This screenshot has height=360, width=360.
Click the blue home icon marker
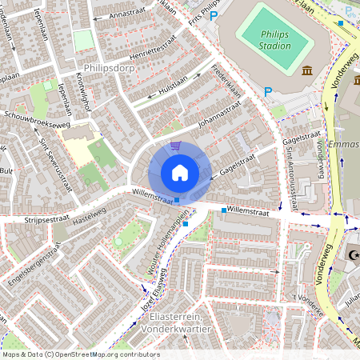tap(180, 172)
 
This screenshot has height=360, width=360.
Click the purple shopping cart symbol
tap(175, 146)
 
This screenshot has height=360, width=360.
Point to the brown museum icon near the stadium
tap(307, 71)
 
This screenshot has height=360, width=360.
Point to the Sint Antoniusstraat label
tap(291, 168)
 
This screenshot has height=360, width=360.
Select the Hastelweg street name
tap(90, 207)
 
